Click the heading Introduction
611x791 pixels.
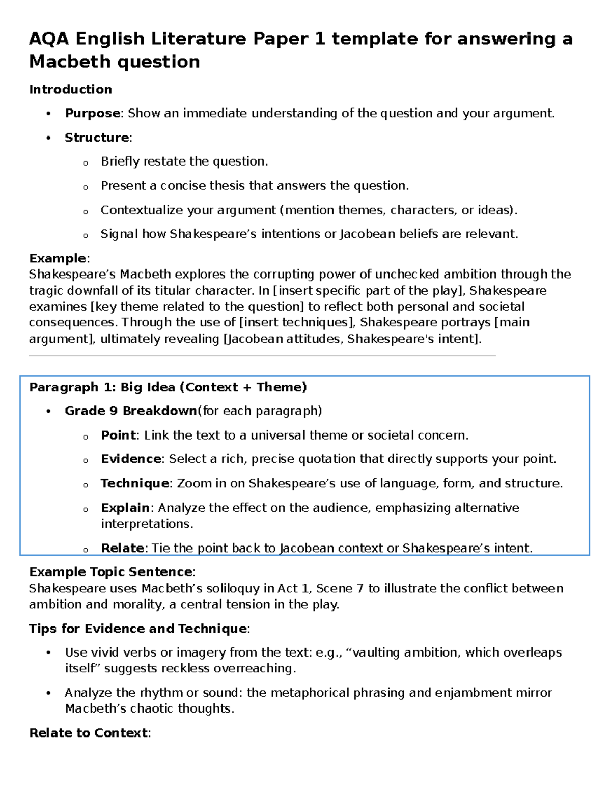point(70,89)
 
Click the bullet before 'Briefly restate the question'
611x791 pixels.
point(85,163)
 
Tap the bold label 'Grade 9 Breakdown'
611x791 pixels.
point(130,411)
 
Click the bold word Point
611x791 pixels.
point(118,435)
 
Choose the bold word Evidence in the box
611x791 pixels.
point(131,459)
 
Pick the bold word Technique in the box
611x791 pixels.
point(134,483)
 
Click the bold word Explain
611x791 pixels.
point(125,508)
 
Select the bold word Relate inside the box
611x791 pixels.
point(123,548)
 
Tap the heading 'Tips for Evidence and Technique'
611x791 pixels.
point(138,629)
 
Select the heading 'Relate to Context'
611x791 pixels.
point(88,733)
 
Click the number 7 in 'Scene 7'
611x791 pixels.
point(360,589)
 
